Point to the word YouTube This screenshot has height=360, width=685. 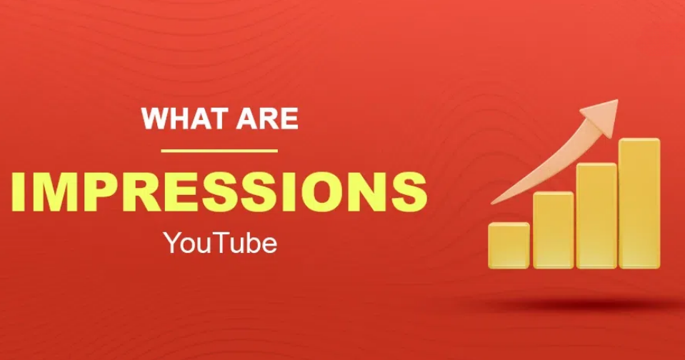tap(220, 244)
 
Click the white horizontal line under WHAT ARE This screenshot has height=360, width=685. tap(219, 151)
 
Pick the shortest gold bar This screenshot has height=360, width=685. tap(509, 246)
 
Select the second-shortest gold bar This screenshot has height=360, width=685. tap(553, 230)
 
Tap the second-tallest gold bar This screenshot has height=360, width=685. tap(596, 216)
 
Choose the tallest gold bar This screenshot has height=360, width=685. tap(639, 204)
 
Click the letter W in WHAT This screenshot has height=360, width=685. tap(156, 118)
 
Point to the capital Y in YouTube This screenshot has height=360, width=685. tap(171, 244)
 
